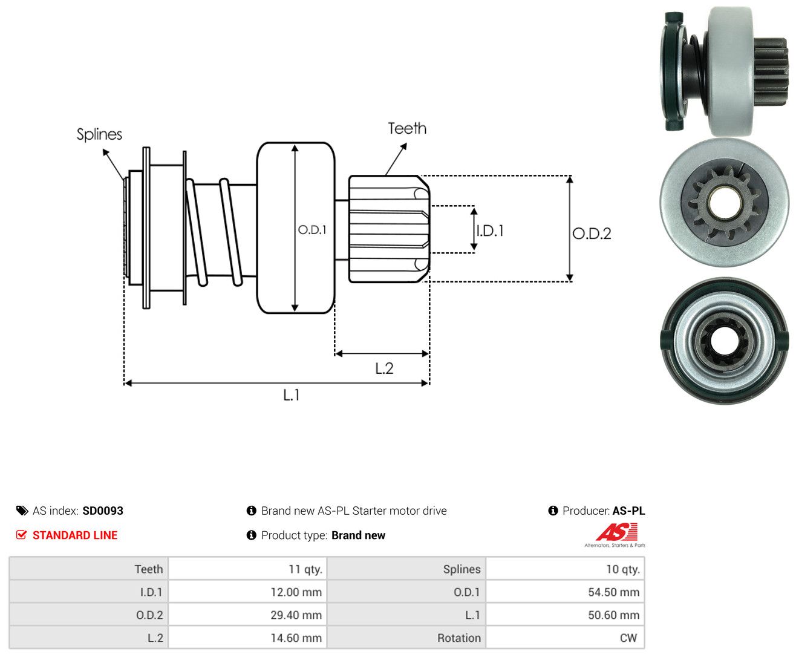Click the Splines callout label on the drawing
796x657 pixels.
pyautogui.click(x=99, y=134)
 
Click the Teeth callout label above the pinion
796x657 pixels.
pyautogui.click(x=406, y=128)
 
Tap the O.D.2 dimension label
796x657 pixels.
pyautogui.click(x=592, y=234)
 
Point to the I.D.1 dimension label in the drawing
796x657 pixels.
pyautogui.click(x=490, y=230)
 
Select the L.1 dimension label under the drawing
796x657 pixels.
pyautogui.click(x=292, y=395)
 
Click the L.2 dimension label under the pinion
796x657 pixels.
pyautogui.click(x=384, y=368)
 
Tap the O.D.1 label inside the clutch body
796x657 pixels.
pyautogui.click(x=312, y=229)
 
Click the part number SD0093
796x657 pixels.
pyautogui.click(x=103, y=511)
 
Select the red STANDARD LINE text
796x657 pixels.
pyautogui.click(x=75, y=535)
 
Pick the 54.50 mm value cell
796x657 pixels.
pyautogui.click(x=565, y=592)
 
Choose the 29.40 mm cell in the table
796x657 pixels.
pyautogui.click(x=247, y=615)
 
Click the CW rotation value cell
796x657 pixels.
pyautogui.click(x=565, y=638)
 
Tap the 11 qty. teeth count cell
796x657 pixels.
pyautogui.click(x=247, y=569)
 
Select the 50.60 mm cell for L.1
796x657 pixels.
pyautogui.click(x=565, y=615)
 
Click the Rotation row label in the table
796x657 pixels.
pyautogui.click(x=459, y=638)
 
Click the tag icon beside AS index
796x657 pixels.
pyautogui.click(x=22, y=511)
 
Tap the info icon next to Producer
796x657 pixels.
pyautogui.click(x=553, y=511)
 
